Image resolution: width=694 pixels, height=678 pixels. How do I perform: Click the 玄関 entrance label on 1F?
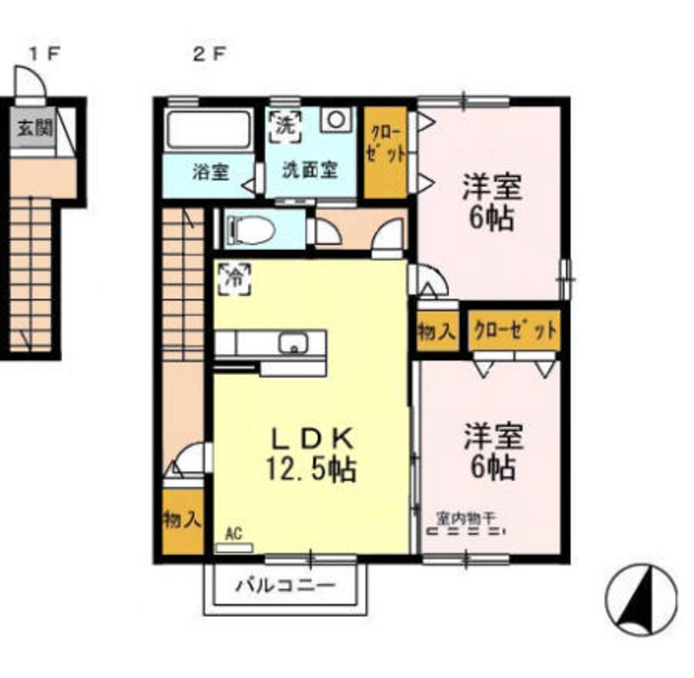[x=32, y=128]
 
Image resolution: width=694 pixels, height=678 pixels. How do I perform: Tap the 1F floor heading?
[x=45, y=56]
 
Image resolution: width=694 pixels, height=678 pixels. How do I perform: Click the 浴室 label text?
[x=210, y=173]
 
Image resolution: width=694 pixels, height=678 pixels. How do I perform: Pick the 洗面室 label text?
[x=310, y=173]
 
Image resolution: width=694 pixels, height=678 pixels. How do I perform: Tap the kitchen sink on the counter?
[x=292, y=342]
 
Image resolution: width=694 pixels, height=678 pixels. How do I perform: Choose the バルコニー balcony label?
[x=285, y=587]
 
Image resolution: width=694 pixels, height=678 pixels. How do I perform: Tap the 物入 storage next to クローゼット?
[x=436, y=332]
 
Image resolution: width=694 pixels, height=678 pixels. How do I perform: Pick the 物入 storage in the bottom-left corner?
[x=182, y=520]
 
